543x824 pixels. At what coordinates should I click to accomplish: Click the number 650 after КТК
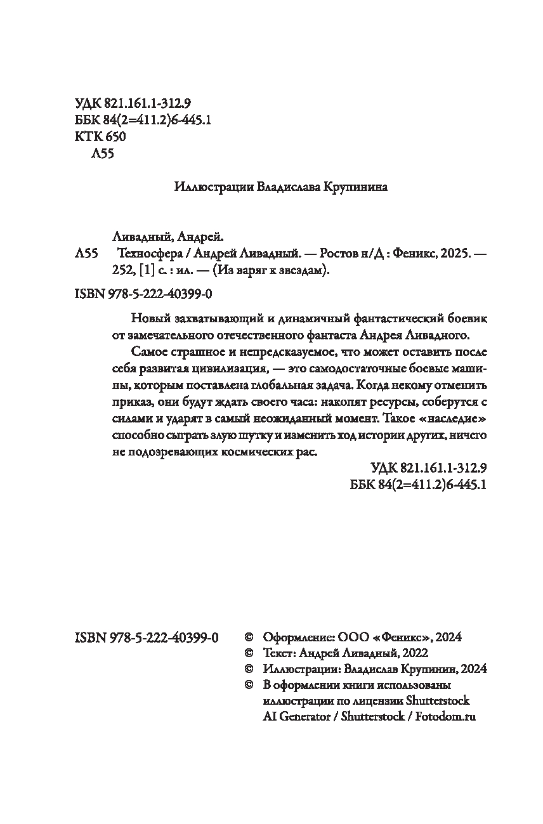(114, 137)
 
